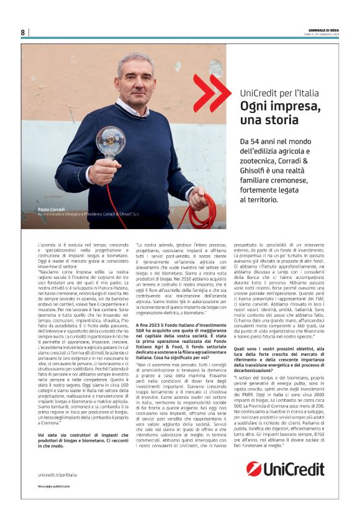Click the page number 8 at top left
pos(23,32)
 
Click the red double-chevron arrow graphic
pos(211,93)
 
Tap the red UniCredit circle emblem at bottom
pos(254,468)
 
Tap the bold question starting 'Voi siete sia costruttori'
pos(81,432)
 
